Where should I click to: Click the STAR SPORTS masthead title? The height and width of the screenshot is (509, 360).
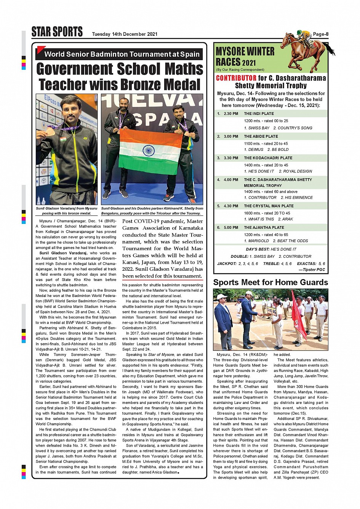pyautogui.click(x=57, y=32)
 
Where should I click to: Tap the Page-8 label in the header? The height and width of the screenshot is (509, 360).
pyautogui.click(x=320, y=34)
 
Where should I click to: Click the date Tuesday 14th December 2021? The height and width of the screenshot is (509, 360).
pyautogui.click(x=125, y=34)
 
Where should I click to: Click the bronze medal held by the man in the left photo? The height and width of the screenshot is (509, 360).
pyautogui.click(x=50, y=132)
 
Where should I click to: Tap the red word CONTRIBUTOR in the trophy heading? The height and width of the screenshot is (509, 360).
pyautogui.click(x=236, y=78)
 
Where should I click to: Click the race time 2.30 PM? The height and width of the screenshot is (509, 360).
pyautogui.click(x=231, y=114)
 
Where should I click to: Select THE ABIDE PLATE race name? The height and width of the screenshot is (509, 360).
pyautogui.click(x=261, y=136)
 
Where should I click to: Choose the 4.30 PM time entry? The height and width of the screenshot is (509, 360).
pyautogui.click(x=231, y=206)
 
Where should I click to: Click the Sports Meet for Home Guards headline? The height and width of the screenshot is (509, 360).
pyautogui.click(x=270, y=282)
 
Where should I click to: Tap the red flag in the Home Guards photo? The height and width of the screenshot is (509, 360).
pyautogui.click(x=298, y=314)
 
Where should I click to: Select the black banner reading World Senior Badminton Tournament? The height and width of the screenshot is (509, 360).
pyautogui.click(x=119, y=54)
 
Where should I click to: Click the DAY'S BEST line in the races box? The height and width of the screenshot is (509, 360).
pyautogui.click(x=271, y=249)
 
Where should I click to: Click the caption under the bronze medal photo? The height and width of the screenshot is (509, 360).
pyautogui.click(x=67, y=211)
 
